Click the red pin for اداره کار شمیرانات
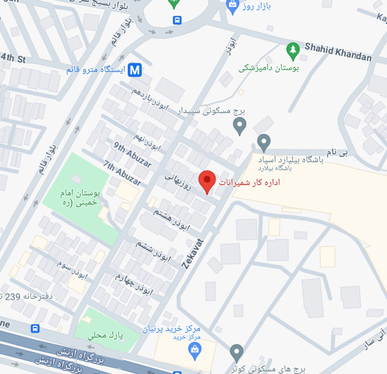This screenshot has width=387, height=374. click(206, 182)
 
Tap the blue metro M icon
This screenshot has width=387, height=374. click(135, 70)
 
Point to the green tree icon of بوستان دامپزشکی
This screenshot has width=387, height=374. click(293, 49)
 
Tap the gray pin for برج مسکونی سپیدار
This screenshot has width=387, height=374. click(239, 124)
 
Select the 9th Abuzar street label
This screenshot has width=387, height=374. click(130, 152)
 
